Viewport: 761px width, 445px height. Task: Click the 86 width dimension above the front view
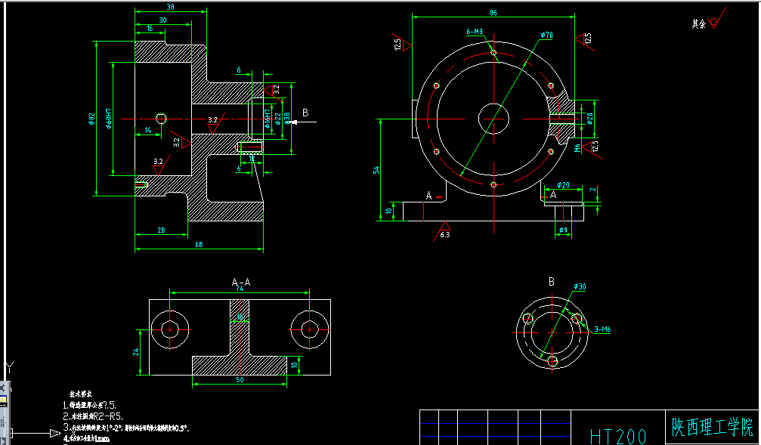(493, 13)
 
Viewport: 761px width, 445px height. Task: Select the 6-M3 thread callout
(475, 32)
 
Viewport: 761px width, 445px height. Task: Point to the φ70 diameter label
(546, 36)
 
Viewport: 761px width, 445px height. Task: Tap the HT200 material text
(618, 435)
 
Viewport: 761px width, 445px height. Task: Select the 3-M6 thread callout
(602, 329)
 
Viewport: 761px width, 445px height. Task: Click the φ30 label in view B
(580, 286)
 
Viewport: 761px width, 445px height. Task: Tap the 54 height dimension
(376, 171)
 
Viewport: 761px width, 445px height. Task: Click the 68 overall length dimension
(199, 244)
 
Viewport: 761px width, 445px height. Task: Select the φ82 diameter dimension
(92, 119)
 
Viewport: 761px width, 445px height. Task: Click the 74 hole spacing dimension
(240, 288)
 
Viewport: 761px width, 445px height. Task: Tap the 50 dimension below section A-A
(240, 380)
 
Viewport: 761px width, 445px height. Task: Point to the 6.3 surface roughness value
(445, 236)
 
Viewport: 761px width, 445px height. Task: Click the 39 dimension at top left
(170, 7)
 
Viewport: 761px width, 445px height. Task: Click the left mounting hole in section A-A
(170, 329)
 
